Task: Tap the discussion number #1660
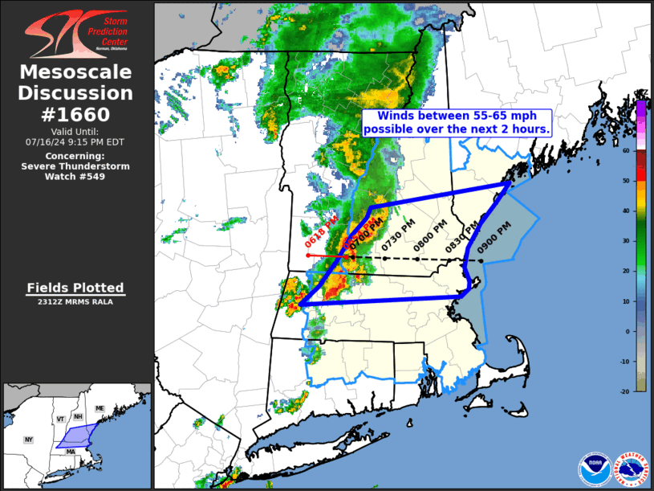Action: click(x=75, y=114)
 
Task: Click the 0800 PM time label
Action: click(x=423, y=240)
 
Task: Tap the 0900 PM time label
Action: click(x=488, y=239)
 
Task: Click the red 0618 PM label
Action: click(x=315, y=232)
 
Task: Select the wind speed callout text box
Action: click(x=456, y=122)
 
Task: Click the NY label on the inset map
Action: click(x=29, y=440)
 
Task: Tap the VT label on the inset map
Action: click(x=60, y=419)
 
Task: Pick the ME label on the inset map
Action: click(x=100, y=409)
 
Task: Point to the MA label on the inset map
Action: click(x=71, y=452)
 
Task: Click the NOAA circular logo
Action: click(x=593, y=468)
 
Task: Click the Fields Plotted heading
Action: click(x=75, y=288)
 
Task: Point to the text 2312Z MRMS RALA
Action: click(x=75, y=302)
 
